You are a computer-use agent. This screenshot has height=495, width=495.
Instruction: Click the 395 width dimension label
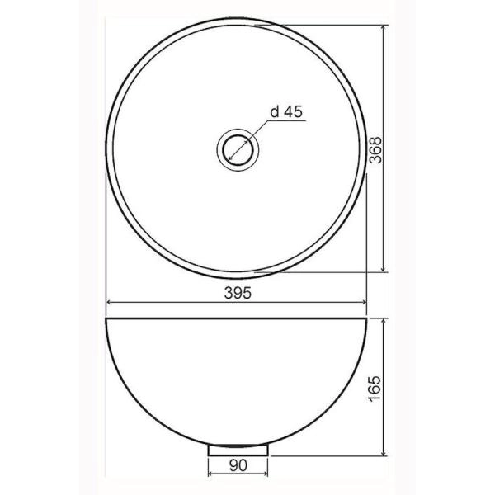[238, 293]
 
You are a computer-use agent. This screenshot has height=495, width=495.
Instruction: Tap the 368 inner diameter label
[375, 150]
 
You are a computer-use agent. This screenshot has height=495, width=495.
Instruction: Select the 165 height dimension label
[375, 389]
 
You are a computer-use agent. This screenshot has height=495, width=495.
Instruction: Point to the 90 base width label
[238, 465]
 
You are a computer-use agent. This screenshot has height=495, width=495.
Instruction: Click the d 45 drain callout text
[286, 111]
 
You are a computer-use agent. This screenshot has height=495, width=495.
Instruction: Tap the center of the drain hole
[238, 149]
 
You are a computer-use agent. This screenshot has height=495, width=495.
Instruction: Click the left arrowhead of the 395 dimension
[110, 302]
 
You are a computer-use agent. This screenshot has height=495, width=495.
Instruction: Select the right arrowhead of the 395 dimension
[363, 302]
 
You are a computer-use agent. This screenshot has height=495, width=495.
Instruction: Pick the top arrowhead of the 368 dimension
[384, 28]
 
